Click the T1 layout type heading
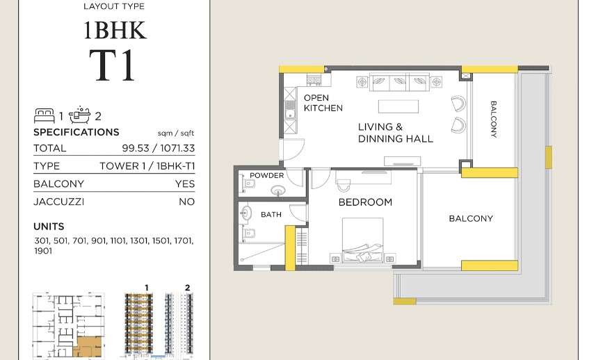[113, 65]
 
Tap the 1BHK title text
[115, 31]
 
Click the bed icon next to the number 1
[45, 116]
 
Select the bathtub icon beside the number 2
[79, 115]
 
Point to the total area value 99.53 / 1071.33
[159, 148]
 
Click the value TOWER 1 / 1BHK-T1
[147, 166]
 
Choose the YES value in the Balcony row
[185, 183]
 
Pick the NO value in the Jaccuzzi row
[187, 202]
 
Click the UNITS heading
[49, 227]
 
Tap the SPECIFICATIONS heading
[76, 132]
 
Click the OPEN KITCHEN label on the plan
[323, 103]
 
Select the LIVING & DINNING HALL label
[395, 133]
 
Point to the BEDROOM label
[365, 202]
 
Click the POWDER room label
[267, 175]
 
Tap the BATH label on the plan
[271, 215]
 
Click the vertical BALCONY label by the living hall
[493, 119]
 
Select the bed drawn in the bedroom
[362, 240]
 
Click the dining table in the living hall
[398, 107]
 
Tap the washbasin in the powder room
[279, 190]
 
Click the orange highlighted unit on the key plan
[90, 346]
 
